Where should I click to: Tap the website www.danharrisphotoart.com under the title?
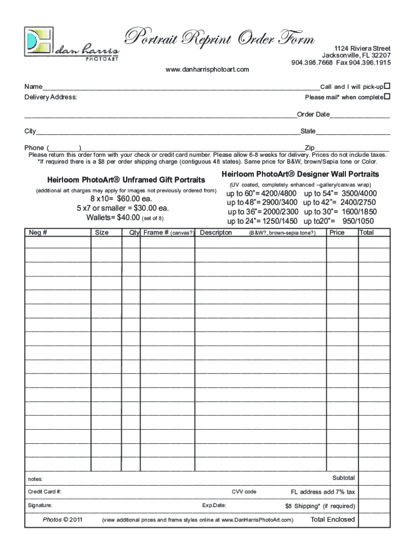pos(207,70)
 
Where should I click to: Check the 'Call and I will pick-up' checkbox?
pos(386,86)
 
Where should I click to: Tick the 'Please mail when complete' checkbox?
pos(386,97)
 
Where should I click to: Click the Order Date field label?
pos(313,114)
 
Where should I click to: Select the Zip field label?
pos(309,148)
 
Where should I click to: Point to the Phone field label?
pos(34,148)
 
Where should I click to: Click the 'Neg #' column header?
pos(38,232)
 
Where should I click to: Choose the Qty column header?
pos(134,232)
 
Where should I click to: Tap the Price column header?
pos(337,232)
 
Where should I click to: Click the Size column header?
pos(101,232)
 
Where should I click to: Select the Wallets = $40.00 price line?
pos(124,218)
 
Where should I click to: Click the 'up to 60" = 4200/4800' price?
pos(261,193)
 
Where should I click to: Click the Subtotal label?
pos(343,478)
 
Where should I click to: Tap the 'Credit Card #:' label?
pos(45,492)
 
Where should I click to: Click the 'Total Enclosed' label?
pos(333,520)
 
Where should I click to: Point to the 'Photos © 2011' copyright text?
pos(63,520)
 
